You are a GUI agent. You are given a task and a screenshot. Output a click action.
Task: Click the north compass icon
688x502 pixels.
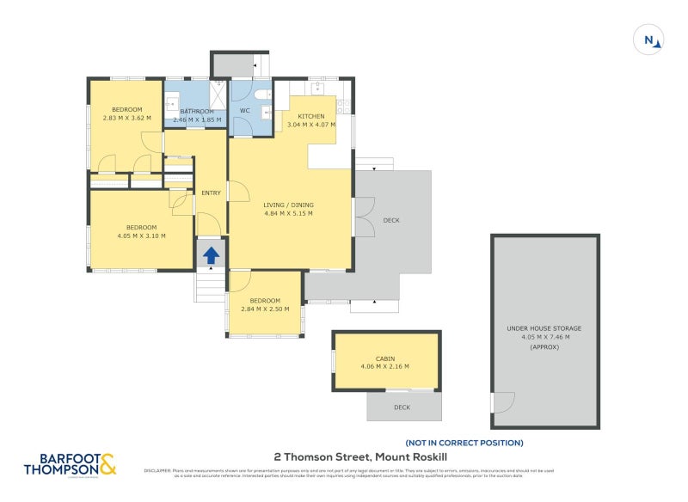[649, 40]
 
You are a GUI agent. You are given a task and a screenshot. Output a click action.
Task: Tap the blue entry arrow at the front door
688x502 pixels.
[211, 254]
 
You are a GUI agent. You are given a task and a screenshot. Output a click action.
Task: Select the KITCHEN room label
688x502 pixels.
[310, 116]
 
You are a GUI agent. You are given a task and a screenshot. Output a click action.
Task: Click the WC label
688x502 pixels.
[244, 111]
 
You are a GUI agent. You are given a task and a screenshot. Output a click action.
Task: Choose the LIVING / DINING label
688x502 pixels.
[288, 205]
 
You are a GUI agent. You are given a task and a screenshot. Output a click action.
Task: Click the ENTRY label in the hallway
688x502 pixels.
[211, 193]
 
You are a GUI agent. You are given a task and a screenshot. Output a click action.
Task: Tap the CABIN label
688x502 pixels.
[385, 358]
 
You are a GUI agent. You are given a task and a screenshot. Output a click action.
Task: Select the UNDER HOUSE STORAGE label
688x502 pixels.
[544, 328]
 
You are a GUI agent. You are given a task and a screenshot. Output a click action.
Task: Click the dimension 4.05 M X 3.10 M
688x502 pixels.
[141, 236]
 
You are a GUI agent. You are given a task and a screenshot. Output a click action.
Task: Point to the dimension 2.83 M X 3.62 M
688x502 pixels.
[126, 119]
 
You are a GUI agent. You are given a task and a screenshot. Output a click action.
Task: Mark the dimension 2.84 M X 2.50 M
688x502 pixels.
[265, 309]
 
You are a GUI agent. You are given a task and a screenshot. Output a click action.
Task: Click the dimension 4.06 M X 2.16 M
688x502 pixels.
[385, 367]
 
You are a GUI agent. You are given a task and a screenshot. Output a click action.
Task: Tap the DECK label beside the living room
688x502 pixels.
[391, 221]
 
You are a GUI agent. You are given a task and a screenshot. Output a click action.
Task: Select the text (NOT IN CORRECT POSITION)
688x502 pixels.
[464, 443]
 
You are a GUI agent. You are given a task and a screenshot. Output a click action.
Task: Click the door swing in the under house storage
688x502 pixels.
[502, 401]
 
